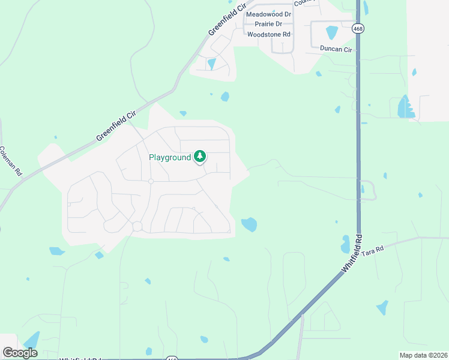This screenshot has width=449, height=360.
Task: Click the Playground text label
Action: [x=170, y=157]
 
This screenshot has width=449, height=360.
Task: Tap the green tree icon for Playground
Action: [x=200, y=157]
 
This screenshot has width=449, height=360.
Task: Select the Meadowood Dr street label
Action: [x=268, y=14]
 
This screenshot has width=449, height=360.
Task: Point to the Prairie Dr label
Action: [x=268, y=24]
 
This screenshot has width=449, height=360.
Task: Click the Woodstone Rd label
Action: [x=269, y=35]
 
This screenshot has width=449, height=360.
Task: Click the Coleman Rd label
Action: [x=11, y=161]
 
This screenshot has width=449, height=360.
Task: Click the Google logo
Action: [x=20, y=352]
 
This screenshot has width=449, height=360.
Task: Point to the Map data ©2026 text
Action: [x=423, y=355]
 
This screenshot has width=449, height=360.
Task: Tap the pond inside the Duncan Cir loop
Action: [x=331, y=32]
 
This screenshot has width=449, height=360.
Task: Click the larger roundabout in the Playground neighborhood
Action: [x=137, y=226]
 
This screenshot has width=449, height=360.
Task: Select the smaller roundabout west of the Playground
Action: [x=151, y=181]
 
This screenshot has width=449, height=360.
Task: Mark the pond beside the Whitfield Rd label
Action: [x=345, y=244]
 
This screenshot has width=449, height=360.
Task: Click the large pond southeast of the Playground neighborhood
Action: [x=249, y=224]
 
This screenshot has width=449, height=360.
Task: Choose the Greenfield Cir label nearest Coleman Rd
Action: [x=116, y=127]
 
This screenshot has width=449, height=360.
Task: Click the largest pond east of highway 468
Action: [x=405, y=107]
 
